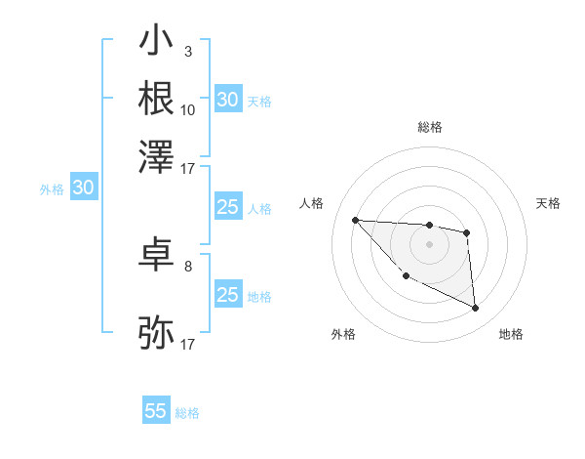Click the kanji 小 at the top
pos(156,42)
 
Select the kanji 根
pos(156,98)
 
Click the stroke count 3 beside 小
pos(187,51)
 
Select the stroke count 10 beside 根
pos(188,109)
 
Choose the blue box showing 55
pos(156,411)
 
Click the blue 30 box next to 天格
pos(227,100)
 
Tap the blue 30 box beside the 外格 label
pos(83,188)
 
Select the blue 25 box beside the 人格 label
pos(227,207)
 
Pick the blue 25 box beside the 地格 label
pos(227,295)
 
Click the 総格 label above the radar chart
pos(429,127)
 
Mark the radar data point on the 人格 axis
pos(355,220)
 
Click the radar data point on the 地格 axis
pos(476,309)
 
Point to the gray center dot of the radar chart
pos(429,243)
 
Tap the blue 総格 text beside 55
pos(187,413)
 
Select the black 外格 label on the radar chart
pos(343,334)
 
